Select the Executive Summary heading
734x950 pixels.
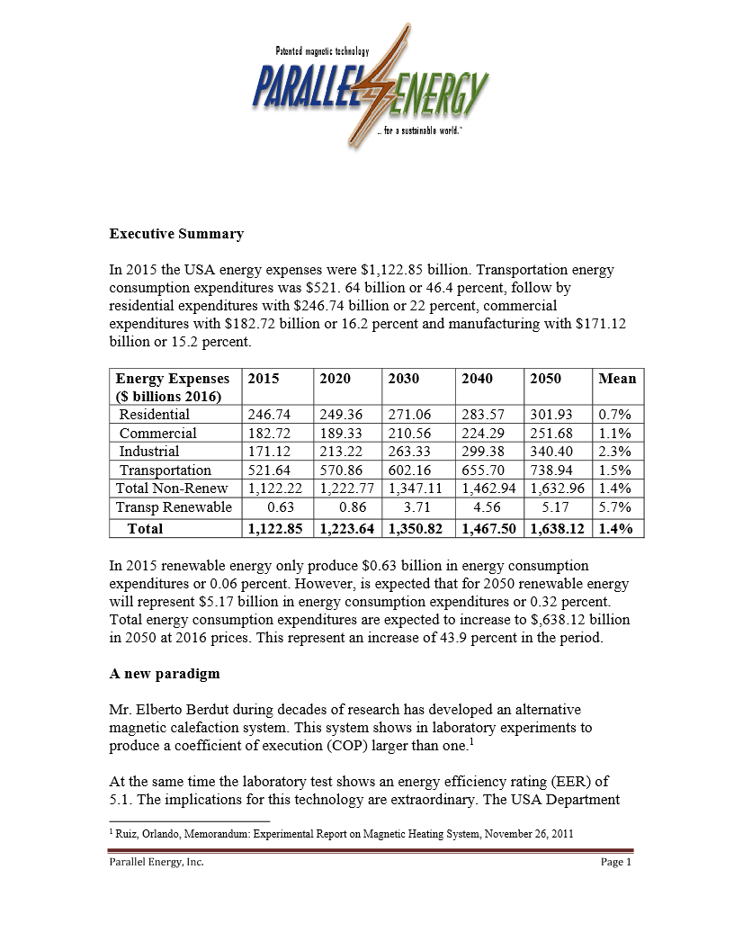pos(176,234)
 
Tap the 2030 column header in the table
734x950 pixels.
pos(403,379)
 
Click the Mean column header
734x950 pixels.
pos(617,379)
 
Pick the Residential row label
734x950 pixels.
pos(155,415)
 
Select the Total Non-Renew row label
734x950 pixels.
pos(172,488)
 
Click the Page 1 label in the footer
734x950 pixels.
pos(617,863)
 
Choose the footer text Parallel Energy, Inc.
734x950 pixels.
pos(152,863)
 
